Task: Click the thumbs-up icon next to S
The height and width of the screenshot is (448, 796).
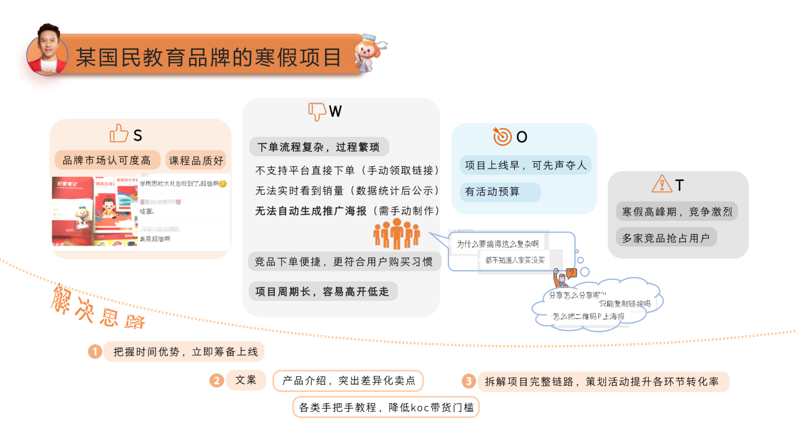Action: (x=119, y=133)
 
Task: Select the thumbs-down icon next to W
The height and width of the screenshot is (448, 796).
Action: (x=317, y=111)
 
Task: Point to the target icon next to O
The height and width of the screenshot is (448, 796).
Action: (x=502, y=136)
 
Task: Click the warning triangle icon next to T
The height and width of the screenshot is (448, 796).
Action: (x=662, y=184)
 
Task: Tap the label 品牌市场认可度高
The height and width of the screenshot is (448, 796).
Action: (x=107, y=160)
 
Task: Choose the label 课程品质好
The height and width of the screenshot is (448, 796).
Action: (x=197, y=160)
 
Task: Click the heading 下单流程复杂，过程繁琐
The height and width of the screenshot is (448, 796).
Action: (x=319, y=147)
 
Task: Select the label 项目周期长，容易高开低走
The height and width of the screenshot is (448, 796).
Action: (x=323, y=291)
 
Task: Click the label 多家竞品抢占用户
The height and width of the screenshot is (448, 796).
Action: (x=666, y=237)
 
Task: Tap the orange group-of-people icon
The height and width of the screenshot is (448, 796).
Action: (x=397, y=233)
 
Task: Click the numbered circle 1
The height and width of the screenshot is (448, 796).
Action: (x=95, y=352)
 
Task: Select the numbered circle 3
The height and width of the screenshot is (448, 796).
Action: (x=468, y=381)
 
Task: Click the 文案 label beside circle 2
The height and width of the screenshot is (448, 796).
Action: (x=246, y=380)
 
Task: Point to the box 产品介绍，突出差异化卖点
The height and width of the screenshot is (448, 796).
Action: (x=348, y=381)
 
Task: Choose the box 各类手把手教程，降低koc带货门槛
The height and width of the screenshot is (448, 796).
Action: (x=386, y=408)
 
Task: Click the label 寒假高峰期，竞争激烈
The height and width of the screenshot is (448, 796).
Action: (x=677, y=212)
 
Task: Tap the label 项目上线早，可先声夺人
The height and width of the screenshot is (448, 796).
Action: (x=526, y=165)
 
